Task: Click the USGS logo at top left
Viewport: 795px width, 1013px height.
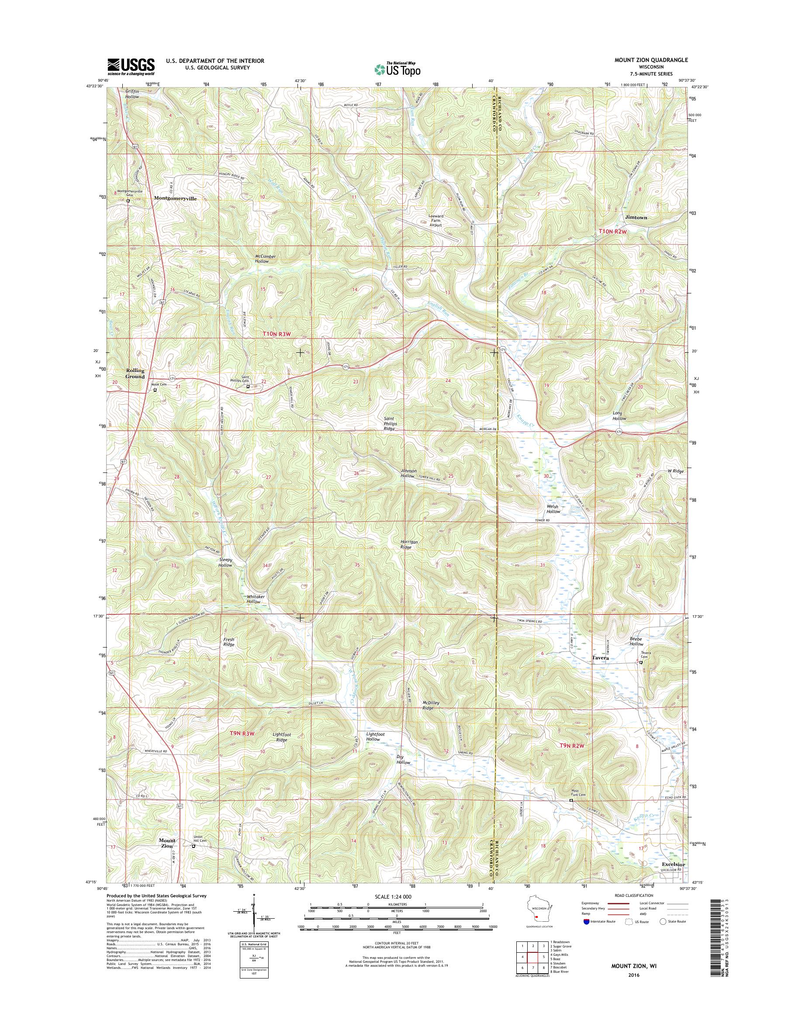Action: pyautogui.click(x=131, y=66)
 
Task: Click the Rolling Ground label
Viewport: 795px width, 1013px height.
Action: pyautogui.click(x=135, y=373)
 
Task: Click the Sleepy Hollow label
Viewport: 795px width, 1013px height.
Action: pyautogui.click(x=225, y=562)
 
